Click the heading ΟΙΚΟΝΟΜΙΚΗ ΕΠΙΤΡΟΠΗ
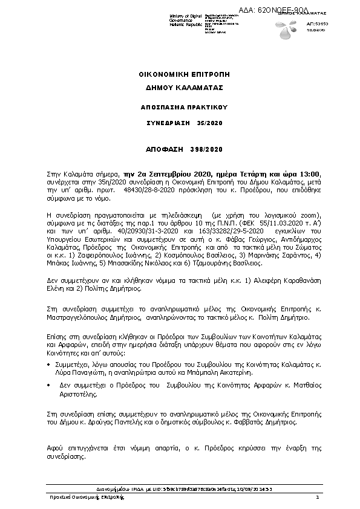click(180, 74)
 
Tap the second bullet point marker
click(48, 384)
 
